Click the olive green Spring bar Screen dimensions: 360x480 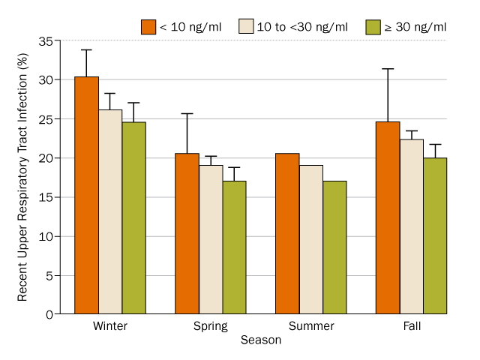[235, 247]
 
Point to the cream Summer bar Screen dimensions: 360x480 [311, 239]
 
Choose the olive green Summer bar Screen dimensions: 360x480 [335, 247]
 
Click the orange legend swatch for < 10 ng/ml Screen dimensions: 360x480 [148, 27]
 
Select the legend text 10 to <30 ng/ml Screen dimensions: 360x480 [302, 27]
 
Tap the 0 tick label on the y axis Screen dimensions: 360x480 [48, 314]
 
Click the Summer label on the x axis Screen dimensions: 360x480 [311, 327]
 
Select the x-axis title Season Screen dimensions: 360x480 [261, 340]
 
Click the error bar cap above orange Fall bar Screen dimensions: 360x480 [388, 69]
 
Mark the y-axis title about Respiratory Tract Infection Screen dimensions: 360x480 [23, 178]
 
